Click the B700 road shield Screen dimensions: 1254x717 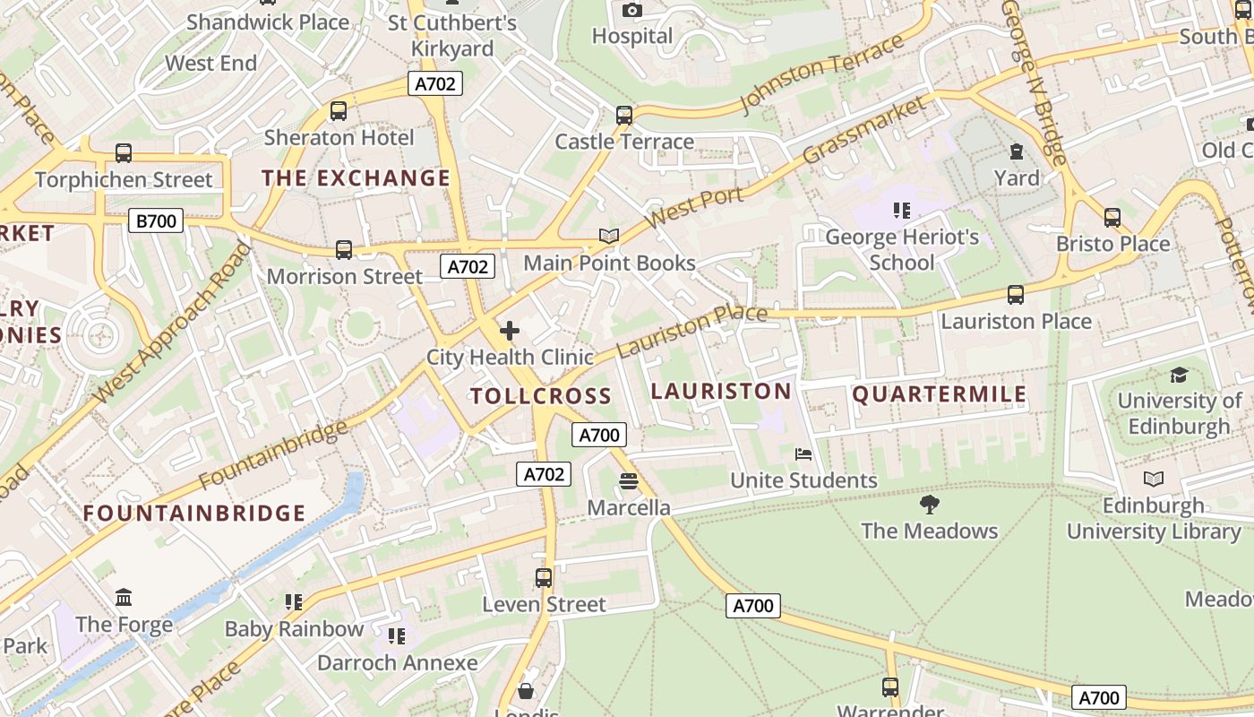tap(156, 220)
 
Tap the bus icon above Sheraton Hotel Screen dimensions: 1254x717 tap(339, 111)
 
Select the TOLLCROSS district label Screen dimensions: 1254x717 tap(541, 396)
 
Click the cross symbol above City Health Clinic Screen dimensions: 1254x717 tap(510, 331)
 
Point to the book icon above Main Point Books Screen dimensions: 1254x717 tap(609, 236)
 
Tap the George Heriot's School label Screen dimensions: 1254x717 tap(901, 250)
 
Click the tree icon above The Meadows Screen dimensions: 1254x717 tap(930, 504)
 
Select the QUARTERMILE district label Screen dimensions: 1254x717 tap(940, 394)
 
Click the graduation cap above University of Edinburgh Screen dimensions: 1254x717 tap(1179, 375)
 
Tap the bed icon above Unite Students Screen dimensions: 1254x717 tap(803, 454)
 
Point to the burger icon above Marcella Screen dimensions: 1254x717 tap(628, 481)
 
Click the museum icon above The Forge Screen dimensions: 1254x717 tap(124, 597)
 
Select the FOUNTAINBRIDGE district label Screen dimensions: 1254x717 tap(194, 514)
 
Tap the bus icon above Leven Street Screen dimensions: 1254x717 tap(544, 578)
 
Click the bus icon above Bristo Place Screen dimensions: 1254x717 tap(1112, 217)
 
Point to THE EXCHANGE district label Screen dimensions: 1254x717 tap(356, 178)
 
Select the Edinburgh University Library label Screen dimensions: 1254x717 tap(1154, 518)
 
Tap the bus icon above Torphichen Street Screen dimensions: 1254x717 tap(124, 153)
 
